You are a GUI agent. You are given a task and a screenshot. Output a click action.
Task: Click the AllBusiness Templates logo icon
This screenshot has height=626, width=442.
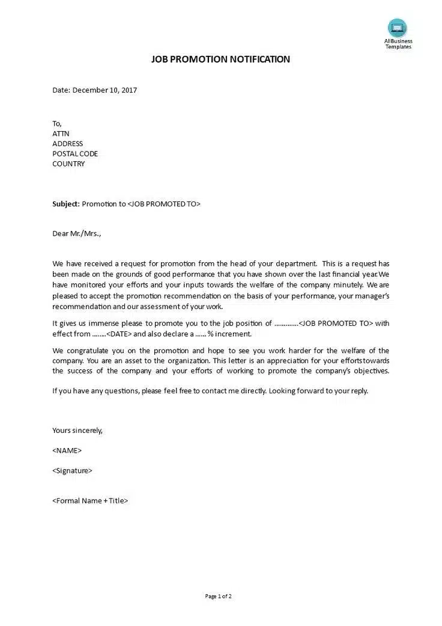click(x=397, y=28)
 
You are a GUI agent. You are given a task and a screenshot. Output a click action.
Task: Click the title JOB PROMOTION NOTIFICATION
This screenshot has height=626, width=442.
click(x=220, y=59)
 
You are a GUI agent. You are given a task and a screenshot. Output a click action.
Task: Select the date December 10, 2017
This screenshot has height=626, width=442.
click(x=105, y=90)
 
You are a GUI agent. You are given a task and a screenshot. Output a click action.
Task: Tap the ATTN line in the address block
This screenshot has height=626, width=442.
click(x=61, y=133)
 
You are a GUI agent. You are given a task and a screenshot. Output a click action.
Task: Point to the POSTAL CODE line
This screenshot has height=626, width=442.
click(x=75, y=154)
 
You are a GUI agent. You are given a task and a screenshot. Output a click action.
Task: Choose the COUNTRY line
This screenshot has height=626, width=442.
click(x=68, y=164)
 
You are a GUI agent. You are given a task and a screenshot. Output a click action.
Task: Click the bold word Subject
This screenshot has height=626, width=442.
click(x=65, y=204)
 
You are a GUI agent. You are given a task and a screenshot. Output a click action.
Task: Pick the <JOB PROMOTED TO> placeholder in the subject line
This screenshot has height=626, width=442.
click(x=164, y=204)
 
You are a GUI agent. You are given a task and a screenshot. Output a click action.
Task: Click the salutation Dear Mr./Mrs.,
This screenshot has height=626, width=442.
click(x=77, y=233)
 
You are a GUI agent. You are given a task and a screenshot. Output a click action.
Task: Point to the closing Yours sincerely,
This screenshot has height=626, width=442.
click(x=77, y=431)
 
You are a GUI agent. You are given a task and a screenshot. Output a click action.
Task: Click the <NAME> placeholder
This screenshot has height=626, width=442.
click(x=67, y=450)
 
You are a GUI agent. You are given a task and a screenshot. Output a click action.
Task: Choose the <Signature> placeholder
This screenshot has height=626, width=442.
click(x=72, y=471)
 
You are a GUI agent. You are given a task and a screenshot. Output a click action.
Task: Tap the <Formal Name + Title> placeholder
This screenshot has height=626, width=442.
click(x=90, y=500)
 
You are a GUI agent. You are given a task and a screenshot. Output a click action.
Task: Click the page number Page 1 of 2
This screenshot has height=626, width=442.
click(x=218, y=597)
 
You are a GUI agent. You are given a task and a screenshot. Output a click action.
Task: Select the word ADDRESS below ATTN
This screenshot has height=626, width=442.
click(x=68, y=144)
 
